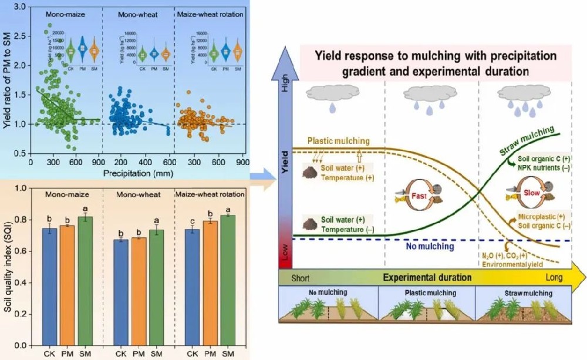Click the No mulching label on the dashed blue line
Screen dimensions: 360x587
tap(430, 247)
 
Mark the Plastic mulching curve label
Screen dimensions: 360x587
tap(338, 141)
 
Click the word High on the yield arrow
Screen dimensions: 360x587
tap(285, 89)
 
